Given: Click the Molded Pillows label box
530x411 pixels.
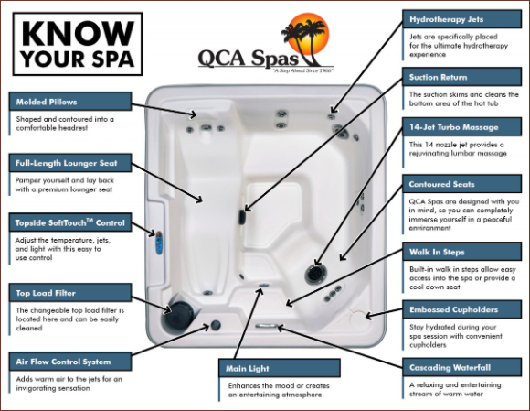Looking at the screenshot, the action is click(x=70, y=102).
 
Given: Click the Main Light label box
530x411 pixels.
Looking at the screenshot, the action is click(x=280, y=368).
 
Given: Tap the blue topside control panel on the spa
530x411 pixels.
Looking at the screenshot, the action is click(x=158, y=243).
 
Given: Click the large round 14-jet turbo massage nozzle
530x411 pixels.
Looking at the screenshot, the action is click(x=316, y=274).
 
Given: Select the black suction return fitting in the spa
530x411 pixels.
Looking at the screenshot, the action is click(x=241, y=217).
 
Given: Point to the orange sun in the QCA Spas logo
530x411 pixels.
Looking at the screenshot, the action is click(x=307, y=34).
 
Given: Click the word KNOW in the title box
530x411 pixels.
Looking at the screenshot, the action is click(x=78, y=33).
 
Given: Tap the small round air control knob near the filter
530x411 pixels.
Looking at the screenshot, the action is click(x=216, y=325).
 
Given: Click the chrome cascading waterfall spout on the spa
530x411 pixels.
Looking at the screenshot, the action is click(x=266, y=326).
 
